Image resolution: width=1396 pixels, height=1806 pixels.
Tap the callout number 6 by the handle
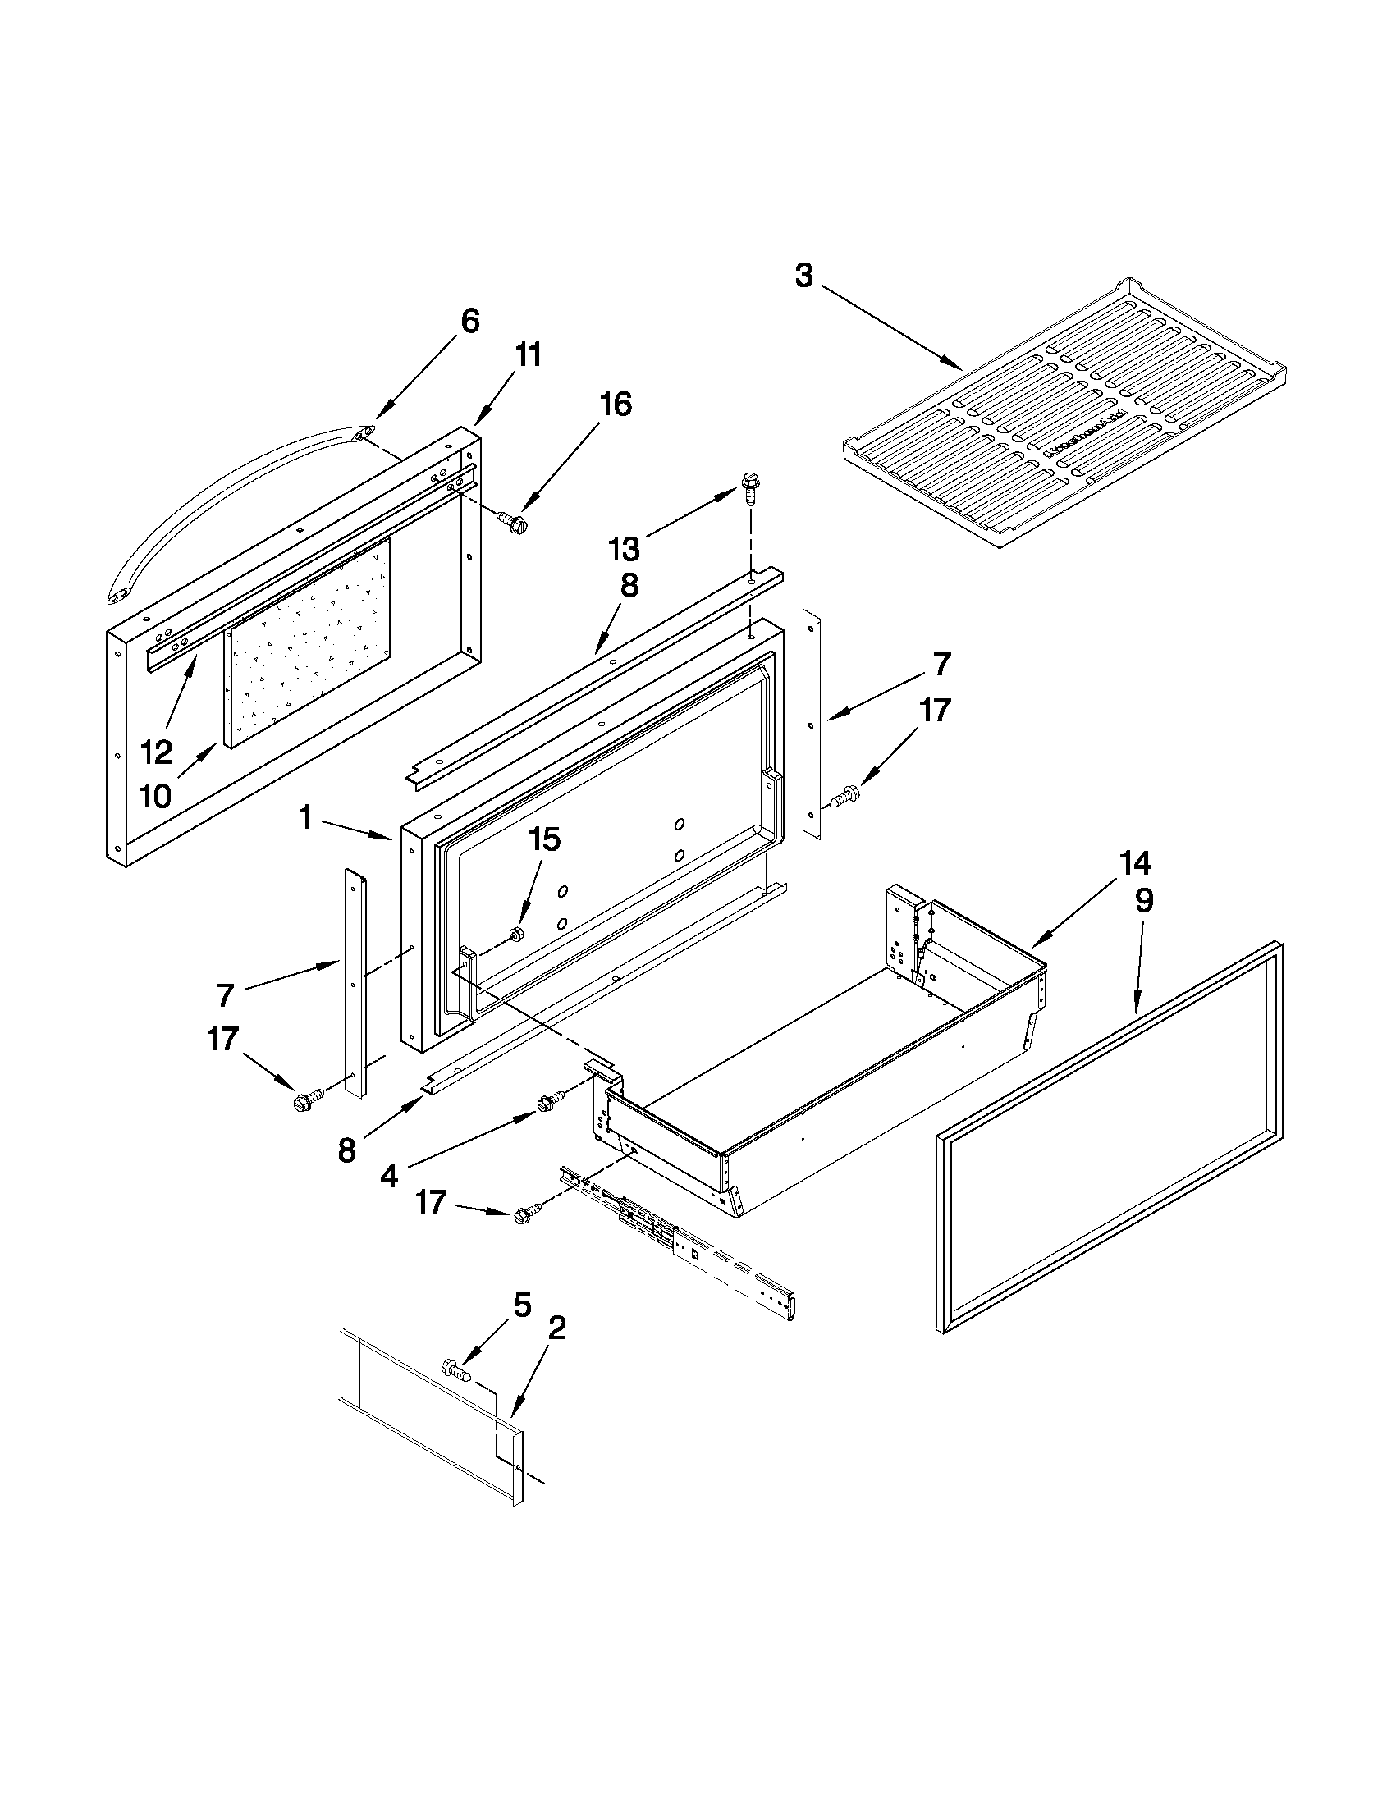click(469, 321)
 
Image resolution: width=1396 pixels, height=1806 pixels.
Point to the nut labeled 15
click(514, 934)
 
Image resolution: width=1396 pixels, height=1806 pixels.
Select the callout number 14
click(1134, 864)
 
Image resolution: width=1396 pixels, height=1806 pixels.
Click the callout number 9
click(1143, 901)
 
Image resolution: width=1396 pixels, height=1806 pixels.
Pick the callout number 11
click(529, 354)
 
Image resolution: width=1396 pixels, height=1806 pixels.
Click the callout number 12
click(155, 752)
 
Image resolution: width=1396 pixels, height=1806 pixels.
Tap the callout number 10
click(155, 795)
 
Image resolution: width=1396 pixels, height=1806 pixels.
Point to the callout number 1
click(305, 819)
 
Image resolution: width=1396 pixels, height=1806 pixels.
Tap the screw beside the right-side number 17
click(841, 798)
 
